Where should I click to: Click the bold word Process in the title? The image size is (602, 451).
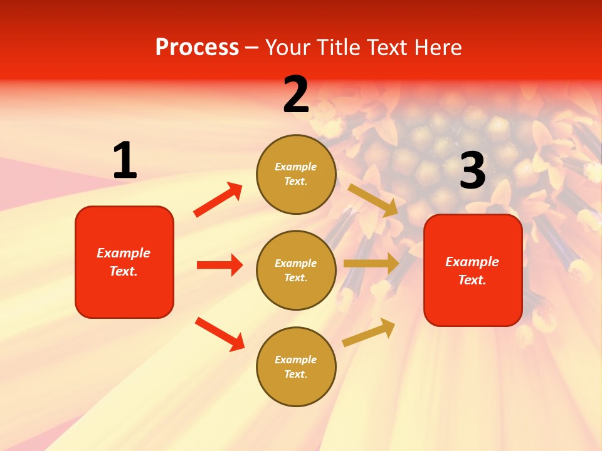pos(197,48)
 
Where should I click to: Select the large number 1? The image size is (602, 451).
pos(125,161)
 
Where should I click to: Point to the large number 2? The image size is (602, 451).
pos(296,95)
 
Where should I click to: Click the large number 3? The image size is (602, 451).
pos(472,171)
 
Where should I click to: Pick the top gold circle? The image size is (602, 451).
pos(296,174)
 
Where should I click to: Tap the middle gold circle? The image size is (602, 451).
pos(296,270)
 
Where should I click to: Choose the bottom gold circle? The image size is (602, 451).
pos(296,366)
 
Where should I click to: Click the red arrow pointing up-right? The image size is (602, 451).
pos(218,200)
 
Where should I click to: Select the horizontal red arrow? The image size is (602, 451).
pos(219,265)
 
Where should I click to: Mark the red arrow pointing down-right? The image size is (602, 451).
pos(219,334)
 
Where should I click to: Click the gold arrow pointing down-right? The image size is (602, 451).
pos(373,200)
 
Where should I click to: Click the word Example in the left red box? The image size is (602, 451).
pos(124,253)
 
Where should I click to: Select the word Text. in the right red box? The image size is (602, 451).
pos(472,280)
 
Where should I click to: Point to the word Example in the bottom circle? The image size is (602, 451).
pos(296,360)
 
